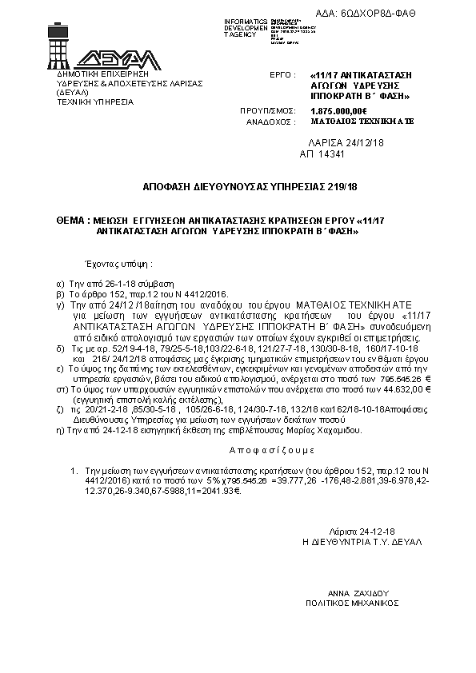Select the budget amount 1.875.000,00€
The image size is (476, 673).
click(x=338, y=110)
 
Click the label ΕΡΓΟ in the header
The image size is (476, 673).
click(x=278, y=73)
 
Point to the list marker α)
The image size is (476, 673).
click(x=61, y=284)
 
